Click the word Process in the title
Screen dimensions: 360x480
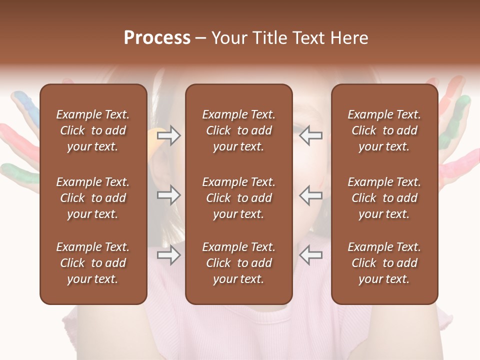157,38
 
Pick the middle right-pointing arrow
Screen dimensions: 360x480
168,195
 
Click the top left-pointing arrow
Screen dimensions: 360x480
311,135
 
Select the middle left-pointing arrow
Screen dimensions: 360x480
311,195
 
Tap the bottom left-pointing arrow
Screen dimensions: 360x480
311,255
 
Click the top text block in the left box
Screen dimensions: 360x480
93,130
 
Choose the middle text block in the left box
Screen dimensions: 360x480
93,198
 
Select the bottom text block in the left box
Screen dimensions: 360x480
93,263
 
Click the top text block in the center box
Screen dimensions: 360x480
238,130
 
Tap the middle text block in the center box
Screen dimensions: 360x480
238,198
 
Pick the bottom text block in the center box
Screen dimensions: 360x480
238,263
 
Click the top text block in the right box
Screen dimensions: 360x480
384,130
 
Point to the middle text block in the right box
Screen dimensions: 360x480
384,198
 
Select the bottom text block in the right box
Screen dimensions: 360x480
384,263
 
